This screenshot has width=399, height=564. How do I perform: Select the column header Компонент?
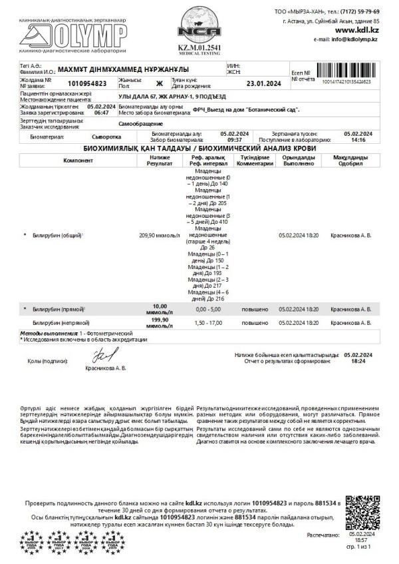point(78,160)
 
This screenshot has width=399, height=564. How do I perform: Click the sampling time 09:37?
point(235,141)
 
